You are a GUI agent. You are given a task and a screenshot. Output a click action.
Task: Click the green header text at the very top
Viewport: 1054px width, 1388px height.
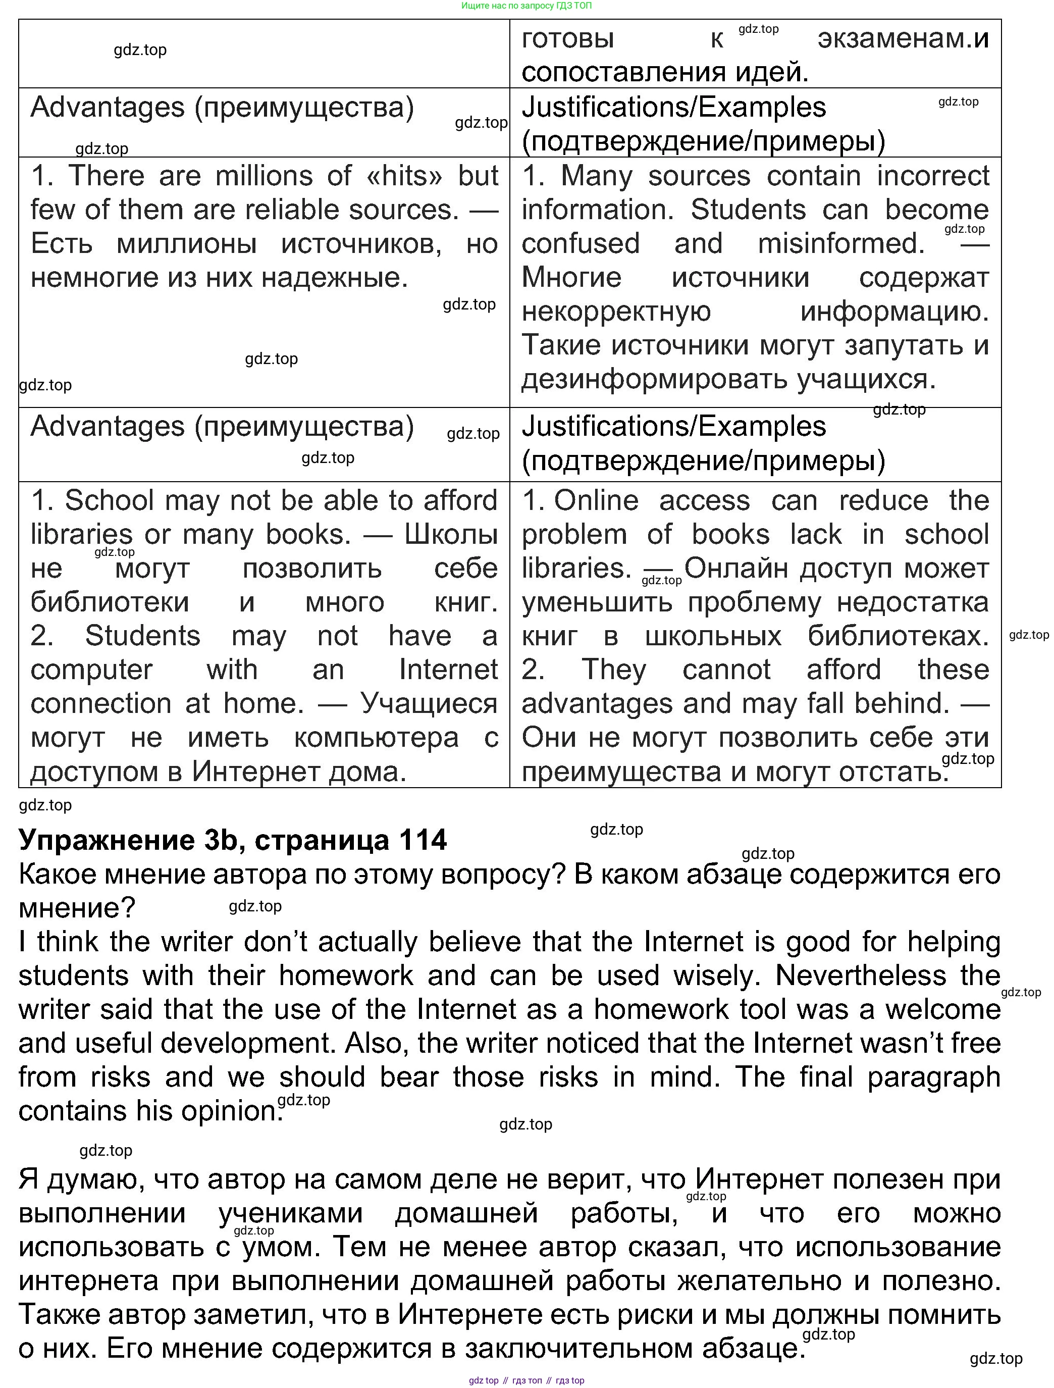point(526,6)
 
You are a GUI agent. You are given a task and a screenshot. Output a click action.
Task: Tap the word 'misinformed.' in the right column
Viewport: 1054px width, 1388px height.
point(840,243)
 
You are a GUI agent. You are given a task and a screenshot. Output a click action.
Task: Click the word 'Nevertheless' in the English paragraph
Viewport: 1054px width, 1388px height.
point(861,976)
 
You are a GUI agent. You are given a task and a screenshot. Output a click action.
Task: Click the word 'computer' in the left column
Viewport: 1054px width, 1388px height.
point(91,670)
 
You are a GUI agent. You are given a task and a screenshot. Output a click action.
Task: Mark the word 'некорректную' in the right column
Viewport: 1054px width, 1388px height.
point(616,311)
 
